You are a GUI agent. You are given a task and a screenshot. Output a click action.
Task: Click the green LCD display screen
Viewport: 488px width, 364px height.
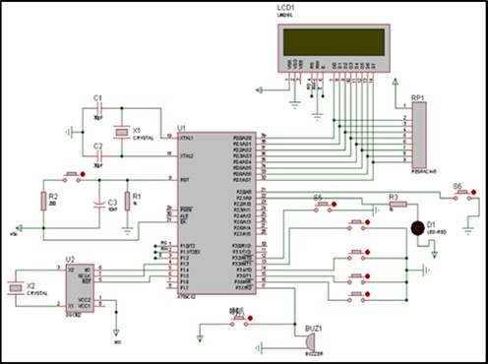(x=331, y=40)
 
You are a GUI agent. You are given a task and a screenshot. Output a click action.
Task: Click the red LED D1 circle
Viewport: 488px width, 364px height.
(x=417, y=228)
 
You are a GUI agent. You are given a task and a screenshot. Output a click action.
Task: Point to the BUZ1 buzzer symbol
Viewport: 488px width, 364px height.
(x=303, y=338)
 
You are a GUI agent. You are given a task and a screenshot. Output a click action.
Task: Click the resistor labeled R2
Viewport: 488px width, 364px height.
(x=42, y=202)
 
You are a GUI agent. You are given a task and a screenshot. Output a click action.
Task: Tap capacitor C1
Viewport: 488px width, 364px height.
(x=96, y=109)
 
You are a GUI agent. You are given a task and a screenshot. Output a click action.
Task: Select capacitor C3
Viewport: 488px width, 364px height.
(x=98, y=206)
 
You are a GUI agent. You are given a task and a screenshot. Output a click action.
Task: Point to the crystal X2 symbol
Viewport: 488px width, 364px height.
(x=15, y=286)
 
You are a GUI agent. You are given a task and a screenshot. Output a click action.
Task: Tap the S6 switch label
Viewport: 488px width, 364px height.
(x=457, y=185)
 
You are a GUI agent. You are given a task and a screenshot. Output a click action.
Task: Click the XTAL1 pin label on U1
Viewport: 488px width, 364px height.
(x=186, y=139)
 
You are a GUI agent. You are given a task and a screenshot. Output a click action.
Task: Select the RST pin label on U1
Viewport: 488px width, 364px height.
(x=183, y=179)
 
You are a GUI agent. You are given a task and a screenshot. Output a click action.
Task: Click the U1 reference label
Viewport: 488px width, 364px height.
(x=181, y=128)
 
